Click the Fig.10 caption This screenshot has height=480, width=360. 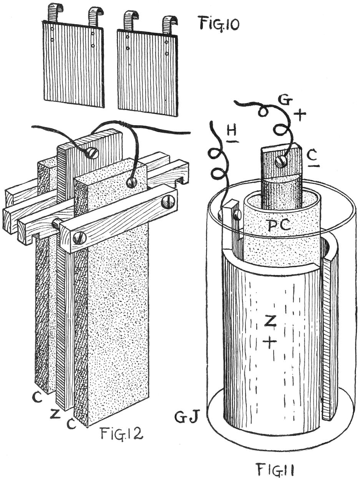click(x=218, y=24)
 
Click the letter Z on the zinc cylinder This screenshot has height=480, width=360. click(x=270, y=324)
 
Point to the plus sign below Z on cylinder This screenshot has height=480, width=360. click(x=270, y=343)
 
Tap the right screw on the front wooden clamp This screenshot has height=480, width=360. click(x=168, y=201)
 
